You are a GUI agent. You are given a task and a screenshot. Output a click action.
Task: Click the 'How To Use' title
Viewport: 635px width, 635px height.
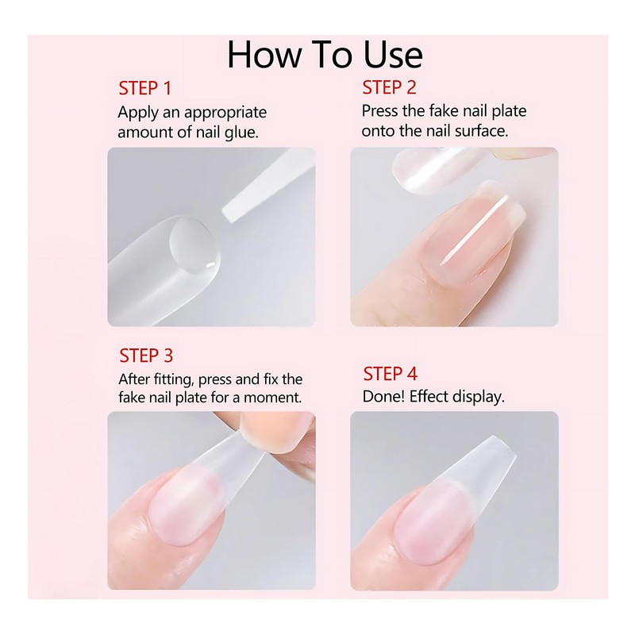tap(324, 54)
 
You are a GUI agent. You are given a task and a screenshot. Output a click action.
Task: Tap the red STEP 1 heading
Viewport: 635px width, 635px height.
tap(145, 87)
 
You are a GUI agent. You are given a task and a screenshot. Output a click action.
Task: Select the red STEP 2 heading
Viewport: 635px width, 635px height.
tap(389, 87)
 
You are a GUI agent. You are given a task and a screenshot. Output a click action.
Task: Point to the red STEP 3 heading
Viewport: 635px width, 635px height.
tap(146, 355)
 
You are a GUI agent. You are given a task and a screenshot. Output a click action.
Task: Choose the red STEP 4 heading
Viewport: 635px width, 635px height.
tap(390, 374)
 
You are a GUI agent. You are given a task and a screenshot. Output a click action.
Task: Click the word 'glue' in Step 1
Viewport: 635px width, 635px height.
tap(239, 132)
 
